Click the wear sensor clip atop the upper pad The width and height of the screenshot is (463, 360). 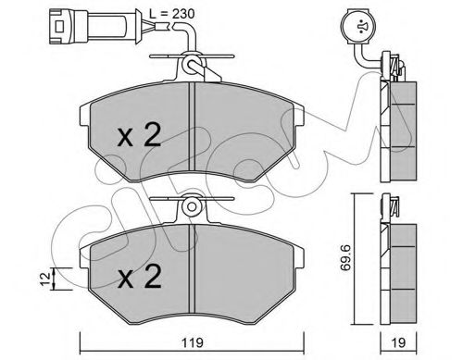[194, 65]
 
